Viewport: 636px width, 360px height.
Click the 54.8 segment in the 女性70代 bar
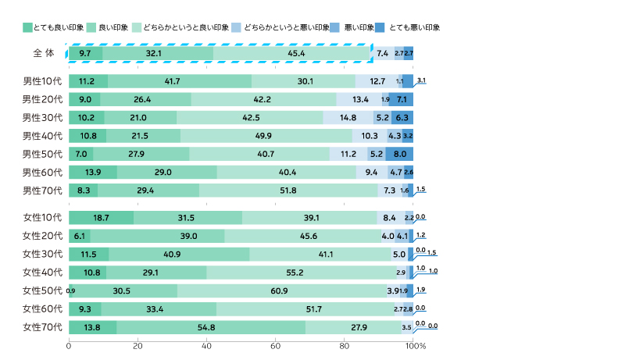[211, 326]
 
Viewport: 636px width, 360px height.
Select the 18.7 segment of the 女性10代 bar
[101, 218]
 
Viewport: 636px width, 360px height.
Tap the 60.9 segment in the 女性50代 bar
[284, 290]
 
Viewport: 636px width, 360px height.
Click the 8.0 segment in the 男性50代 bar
[399, 154]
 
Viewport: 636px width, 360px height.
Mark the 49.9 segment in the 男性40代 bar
[266, 136]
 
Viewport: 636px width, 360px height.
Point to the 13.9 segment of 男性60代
[93, 172]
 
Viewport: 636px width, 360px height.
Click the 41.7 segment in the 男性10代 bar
[180, 81]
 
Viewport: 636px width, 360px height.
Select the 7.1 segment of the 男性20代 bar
[402, 99]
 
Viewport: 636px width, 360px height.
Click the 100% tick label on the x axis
[416, 345]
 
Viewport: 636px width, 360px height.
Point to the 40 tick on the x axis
[207, 345]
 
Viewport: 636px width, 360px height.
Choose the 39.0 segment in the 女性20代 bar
[157, 236]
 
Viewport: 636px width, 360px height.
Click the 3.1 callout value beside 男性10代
[422, 80]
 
